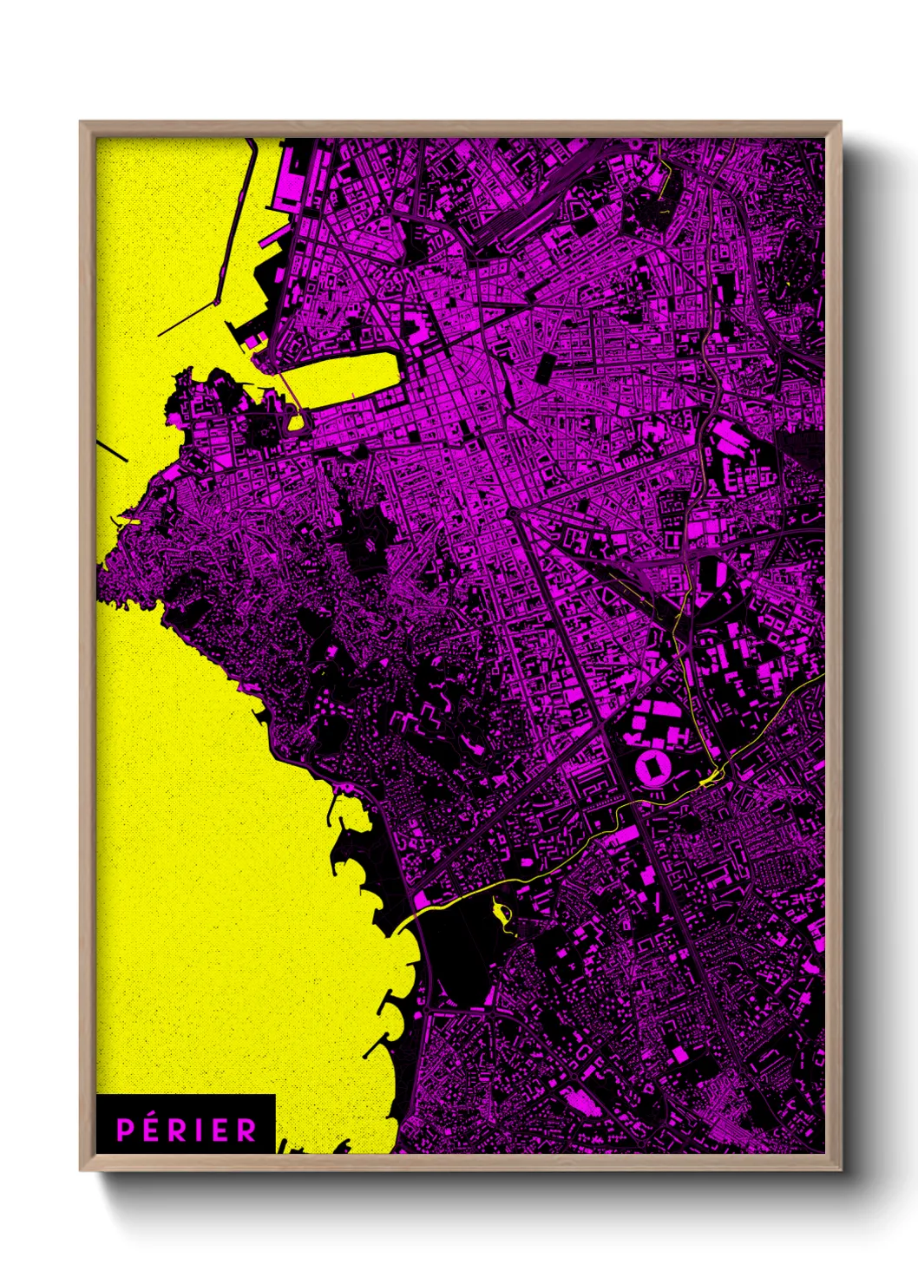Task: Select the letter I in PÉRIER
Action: (x=200, y=1130)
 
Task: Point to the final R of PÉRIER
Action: (x=247, y=1130)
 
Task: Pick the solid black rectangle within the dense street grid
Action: (x=545, y=368)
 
